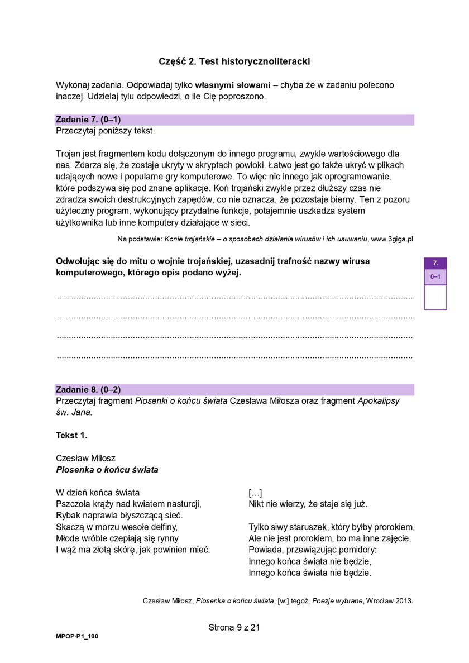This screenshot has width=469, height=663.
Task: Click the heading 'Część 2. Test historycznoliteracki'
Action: [x=234, y=61]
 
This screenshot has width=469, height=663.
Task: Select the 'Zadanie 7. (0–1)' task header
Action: [x=88, y=120]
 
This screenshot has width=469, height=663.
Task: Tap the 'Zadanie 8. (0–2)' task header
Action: [x=88, y=389]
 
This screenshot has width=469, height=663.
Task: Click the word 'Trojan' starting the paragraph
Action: [x=68, y=154]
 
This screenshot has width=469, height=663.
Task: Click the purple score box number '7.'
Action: [x=435, y=263]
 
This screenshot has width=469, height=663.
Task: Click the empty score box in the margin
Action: [x=435, y=297]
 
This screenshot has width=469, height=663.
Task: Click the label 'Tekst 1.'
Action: [x=71, y=435]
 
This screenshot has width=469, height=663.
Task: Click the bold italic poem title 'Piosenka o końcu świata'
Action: [x=107, y=470]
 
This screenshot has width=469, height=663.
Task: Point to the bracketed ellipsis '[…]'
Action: [x=255, y=493]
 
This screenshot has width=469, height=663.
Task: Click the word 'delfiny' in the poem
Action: [x=163, y=527]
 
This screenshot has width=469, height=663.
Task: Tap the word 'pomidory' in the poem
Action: [x=358, y=550]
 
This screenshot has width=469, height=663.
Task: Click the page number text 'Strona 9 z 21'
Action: [x=234, y=627]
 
